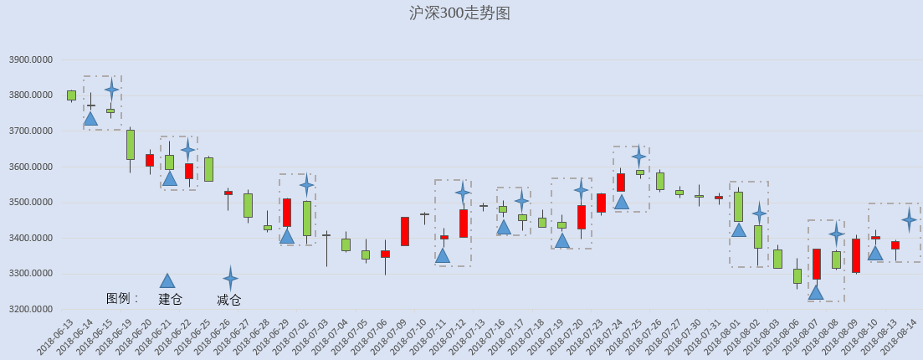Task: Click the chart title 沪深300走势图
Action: pyautogui.click(x=459, y=13)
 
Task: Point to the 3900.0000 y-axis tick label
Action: pyautogui.click(x=31, y=60)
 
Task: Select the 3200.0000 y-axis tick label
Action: pyautogui.click(x=31, y=309)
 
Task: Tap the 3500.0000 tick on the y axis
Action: pyautogui.click(x=31, y=203)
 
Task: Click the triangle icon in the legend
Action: pyautogui.click(x=167, y=281)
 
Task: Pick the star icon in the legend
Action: pyautogui.click(x=230, y=278)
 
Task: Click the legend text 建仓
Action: pyautogui.click(x=170, y=300)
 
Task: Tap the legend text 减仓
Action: pyautogui.click(x=229, y=301)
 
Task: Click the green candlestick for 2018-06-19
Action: pyautogui.click(x=130, y=145)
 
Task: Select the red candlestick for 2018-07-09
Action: pyautogui.click(x=405, y=232)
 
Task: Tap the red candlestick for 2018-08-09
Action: pyautogui.click(x=856, y=255)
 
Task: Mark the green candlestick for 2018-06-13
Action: pyautogui.click(x=71, y=95)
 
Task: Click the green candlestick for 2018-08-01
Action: pyautogui.click(x=738, y=206)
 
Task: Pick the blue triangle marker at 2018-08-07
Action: pyautogui.click(x=816, y=292)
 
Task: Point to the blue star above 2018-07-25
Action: pyautogui.click(x=639, y=157)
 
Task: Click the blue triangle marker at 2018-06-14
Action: pyautogui.click(x=90, y=118)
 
